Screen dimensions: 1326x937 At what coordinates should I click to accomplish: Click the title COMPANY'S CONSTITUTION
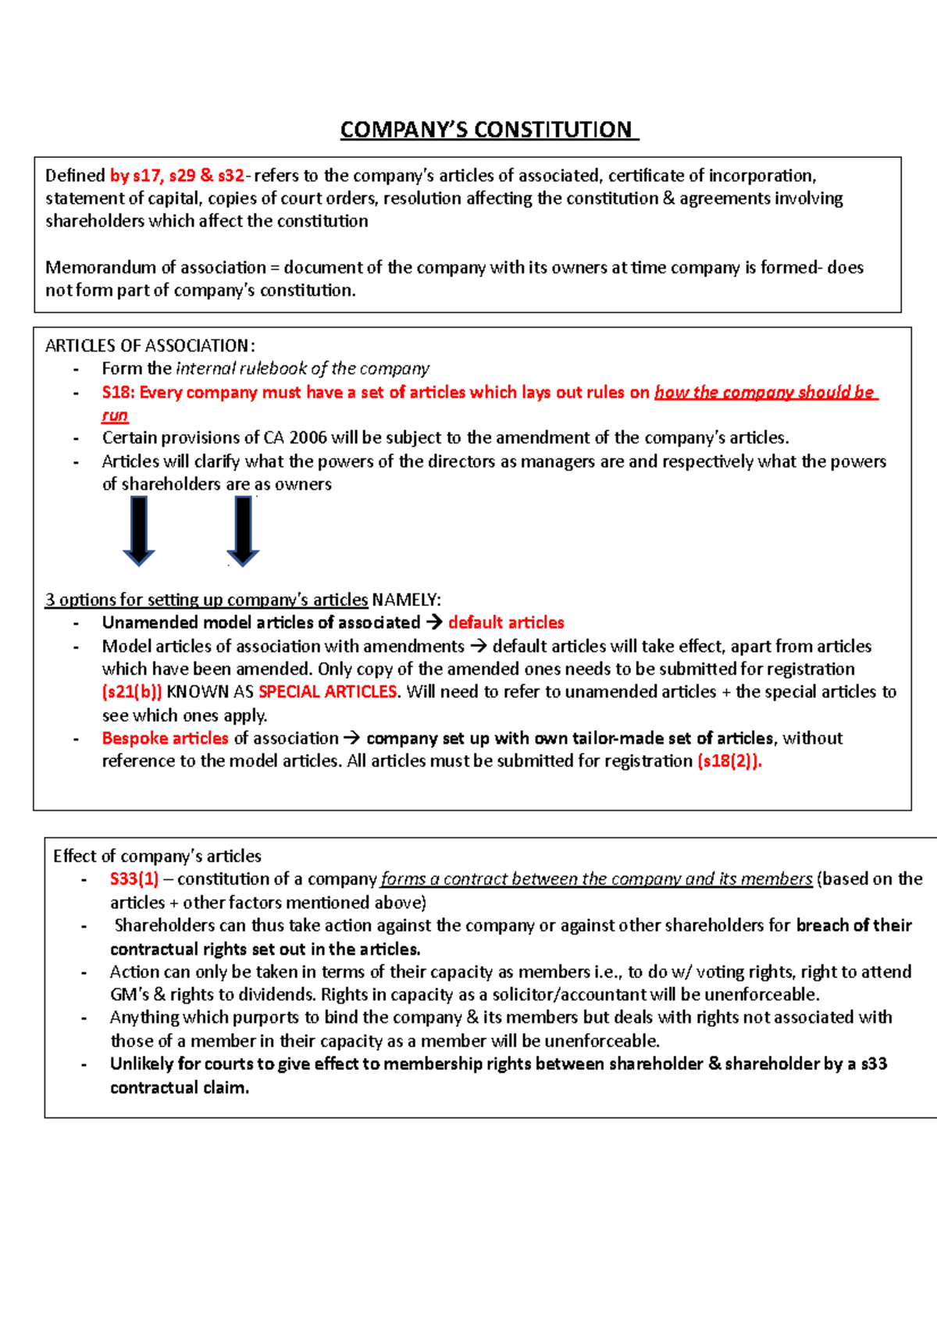[489, 130]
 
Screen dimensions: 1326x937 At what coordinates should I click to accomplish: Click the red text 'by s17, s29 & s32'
[177, 176]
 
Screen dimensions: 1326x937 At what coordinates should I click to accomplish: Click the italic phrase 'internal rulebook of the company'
[302, 369]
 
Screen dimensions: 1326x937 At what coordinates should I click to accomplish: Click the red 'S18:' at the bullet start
[119, 392]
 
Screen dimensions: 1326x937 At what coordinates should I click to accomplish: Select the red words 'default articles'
[506, 622]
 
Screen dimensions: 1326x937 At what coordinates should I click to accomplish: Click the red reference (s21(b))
[132, 692]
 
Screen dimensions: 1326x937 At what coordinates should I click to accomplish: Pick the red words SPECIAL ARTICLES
[328, 692]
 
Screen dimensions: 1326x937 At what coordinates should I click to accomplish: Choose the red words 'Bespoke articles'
[165, 738]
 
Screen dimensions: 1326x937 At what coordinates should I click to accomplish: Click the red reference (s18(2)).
[729, 761]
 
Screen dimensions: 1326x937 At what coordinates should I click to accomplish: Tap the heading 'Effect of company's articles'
[157, 856]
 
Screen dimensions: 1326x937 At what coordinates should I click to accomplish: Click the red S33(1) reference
[134, 879]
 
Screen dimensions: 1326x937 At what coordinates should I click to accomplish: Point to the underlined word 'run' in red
[115, 415]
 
